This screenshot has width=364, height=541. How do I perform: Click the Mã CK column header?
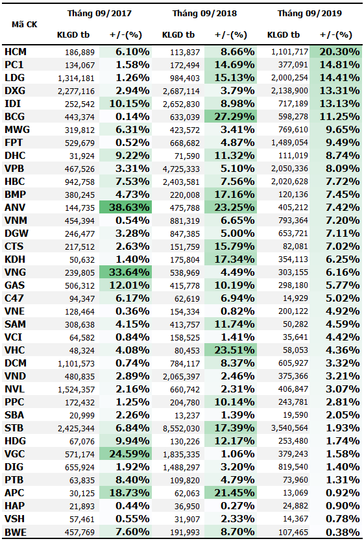[x=24, y=25]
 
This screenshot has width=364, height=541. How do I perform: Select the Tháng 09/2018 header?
[x=204, y=14]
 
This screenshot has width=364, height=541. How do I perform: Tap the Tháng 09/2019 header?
[x=309, y=14]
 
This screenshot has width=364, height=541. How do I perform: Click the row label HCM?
[x=16, y=52]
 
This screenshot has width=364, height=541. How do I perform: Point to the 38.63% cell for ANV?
[x=129, y=208]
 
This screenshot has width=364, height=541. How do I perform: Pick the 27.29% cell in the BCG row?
[x=235, y=117]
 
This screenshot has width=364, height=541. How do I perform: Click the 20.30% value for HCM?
[x=339, y=52]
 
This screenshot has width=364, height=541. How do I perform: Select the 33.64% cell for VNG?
[x=129, y=272]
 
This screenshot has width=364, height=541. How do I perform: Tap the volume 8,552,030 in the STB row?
[x=181, y=429]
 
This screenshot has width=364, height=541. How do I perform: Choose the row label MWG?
[x=18, y=130]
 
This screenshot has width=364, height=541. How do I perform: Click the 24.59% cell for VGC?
[x=129, y=454]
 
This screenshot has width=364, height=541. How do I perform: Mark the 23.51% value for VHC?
[x=235, y=350]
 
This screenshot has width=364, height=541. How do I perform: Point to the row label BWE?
[x=16, y=532]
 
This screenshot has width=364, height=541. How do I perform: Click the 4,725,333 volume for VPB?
[x=181, y=169]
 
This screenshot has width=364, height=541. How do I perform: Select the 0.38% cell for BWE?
[x=343, y=532]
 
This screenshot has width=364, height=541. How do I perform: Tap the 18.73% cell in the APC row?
[x=129, y=493]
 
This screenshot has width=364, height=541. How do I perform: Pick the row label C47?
[x=14, y=298]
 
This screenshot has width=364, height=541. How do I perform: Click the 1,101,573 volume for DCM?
[x=77, y=364]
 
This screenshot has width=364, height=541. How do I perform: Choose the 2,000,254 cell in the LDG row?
[x=289, y=78]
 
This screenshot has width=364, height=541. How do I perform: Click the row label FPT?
[x=14, y=143]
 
